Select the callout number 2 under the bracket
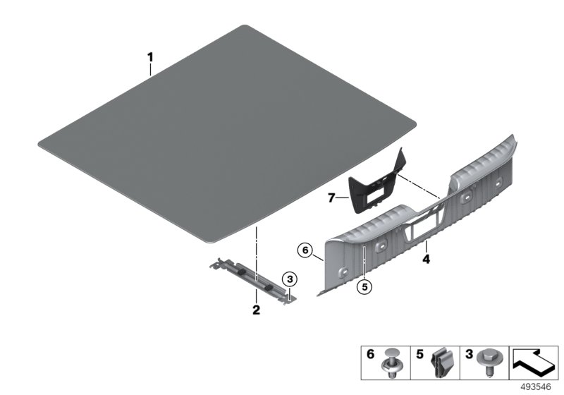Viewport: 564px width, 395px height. pos(257,310)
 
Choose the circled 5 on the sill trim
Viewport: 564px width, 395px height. pos(364,286)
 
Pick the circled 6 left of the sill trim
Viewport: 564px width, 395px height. pos(305,250)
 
